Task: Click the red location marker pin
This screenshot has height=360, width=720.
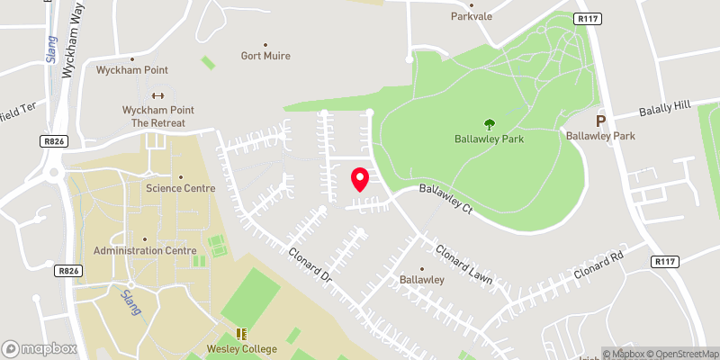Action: click(360, 179)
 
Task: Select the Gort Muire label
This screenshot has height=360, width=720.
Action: click(265, 56)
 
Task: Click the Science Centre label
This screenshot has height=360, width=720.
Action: click(181, 188)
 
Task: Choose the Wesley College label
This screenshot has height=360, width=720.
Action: click(240, 349)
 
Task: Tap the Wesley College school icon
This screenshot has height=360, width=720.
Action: click(240, 334)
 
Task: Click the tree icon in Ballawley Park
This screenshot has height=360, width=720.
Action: click(490, 124)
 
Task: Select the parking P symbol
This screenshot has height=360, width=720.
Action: click(600, 121)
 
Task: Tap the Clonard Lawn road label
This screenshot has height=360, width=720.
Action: click(464, 265)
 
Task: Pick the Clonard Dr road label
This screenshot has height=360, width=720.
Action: click(311, 266)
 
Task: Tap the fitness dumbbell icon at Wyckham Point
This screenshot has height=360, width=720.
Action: click(158, 96)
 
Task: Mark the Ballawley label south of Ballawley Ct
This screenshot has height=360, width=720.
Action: click(422, 279)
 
